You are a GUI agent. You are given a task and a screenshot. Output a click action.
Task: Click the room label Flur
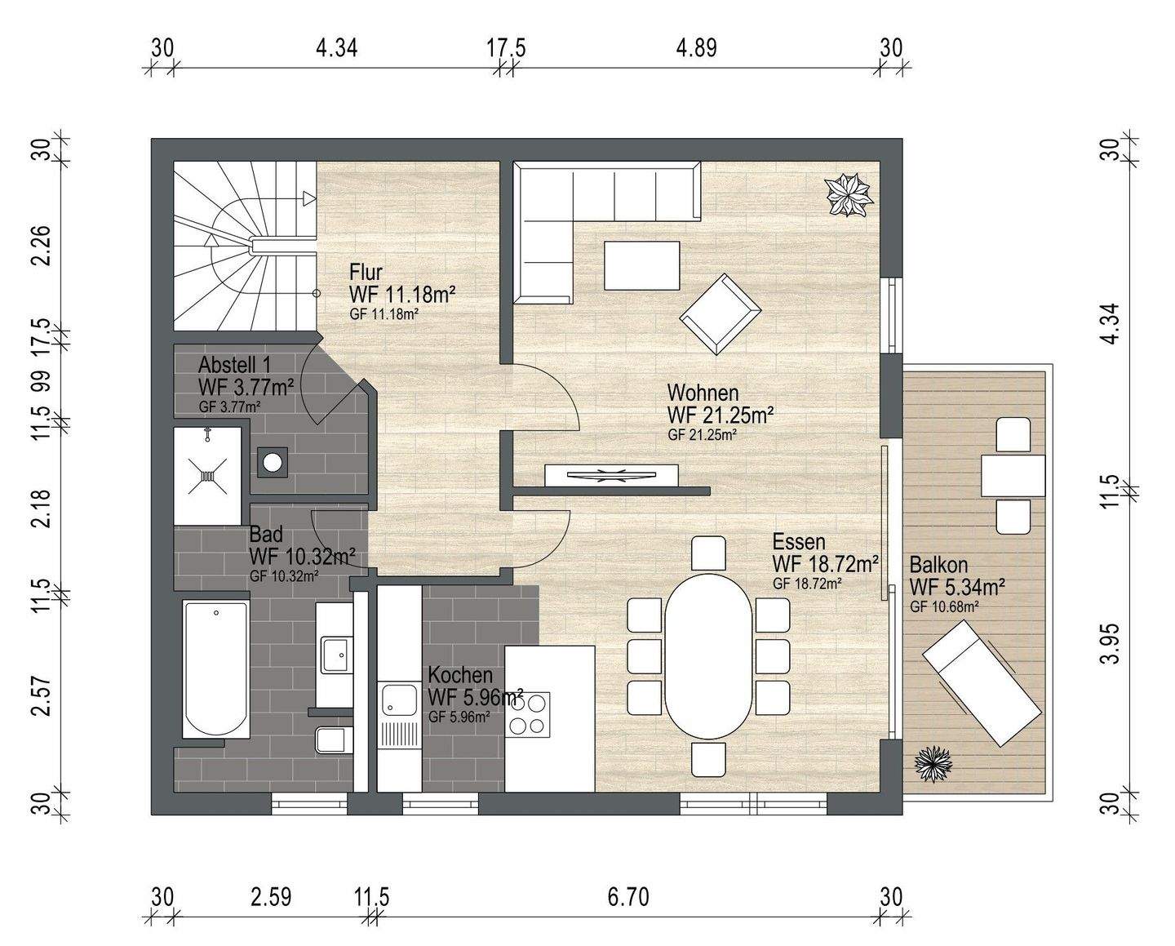coord(366,272)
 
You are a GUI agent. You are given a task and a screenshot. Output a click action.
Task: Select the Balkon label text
coord(938,564)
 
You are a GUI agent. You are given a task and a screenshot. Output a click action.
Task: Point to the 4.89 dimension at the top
coord(696,48)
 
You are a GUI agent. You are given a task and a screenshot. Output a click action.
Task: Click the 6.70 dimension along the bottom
coord(628,898)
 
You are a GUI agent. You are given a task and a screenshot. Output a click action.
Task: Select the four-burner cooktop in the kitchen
coord(527,714)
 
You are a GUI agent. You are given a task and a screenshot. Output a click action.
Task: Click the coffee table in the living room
coord(641,265)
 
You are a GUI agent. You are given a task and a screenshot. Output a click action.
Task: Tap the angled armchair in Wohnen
coord(721,314)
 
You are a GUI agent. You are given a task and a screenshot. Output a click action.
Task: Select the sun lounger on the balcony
coord(982,682)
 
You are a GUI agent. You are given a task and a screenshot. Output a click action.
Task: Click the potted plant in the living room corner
coord(849,194)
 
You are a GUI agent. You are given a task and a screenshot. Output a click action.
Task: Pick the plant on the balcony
coord(933,766)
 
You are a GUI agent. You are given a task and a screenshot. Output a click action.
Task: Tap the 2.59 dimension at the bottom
coord(271,898)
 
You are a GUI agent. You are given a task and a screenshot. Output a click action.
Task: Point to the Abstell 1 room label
coord(234,364)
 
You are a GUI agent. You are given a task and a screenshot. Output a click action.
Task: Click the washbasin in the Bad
coord(337,654)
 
